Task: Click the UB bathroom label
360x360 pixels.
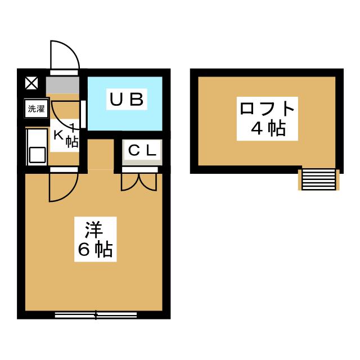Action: click(x=127, y=100)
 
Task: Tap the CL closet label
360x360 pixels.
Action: click(x=142, y=151)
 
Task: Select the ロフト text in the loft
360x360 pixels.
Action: click(x=267, y=109)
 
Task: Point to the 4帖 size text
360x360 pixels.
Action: click(x=268, y=129)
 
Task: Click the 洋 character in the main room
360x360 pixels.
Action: click(x=94, y=230)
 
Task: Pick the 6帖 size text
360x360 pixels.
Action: click(x=95, y=249)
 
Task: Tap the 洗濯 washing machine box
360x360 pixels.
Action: click(x=36, y=109)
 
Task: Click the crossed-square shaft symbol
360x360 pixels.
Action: click(x=31, y=83)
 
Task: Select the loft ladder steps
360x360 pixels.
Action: click(x=319, y=179)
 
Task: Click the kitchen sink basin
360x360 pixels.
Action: click(x=37, y=155)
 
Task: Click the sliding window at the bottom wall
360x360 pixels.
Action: click(x=96, y=315)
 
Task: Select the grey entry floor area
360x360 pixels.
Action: click(x=62, y=85)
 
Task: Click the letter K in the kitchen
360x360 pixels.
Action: click(x=58, y=136)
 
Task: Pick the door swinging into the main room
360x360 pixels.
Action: click(x=64, y=187)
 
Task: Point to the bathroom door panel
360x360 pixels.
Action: click(x=84, y=114)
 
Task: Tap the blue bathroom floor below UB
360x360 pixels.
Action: click(x=125, y=120)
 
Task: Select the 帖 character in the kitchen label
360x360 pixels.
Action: click(x=72, y=142)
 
